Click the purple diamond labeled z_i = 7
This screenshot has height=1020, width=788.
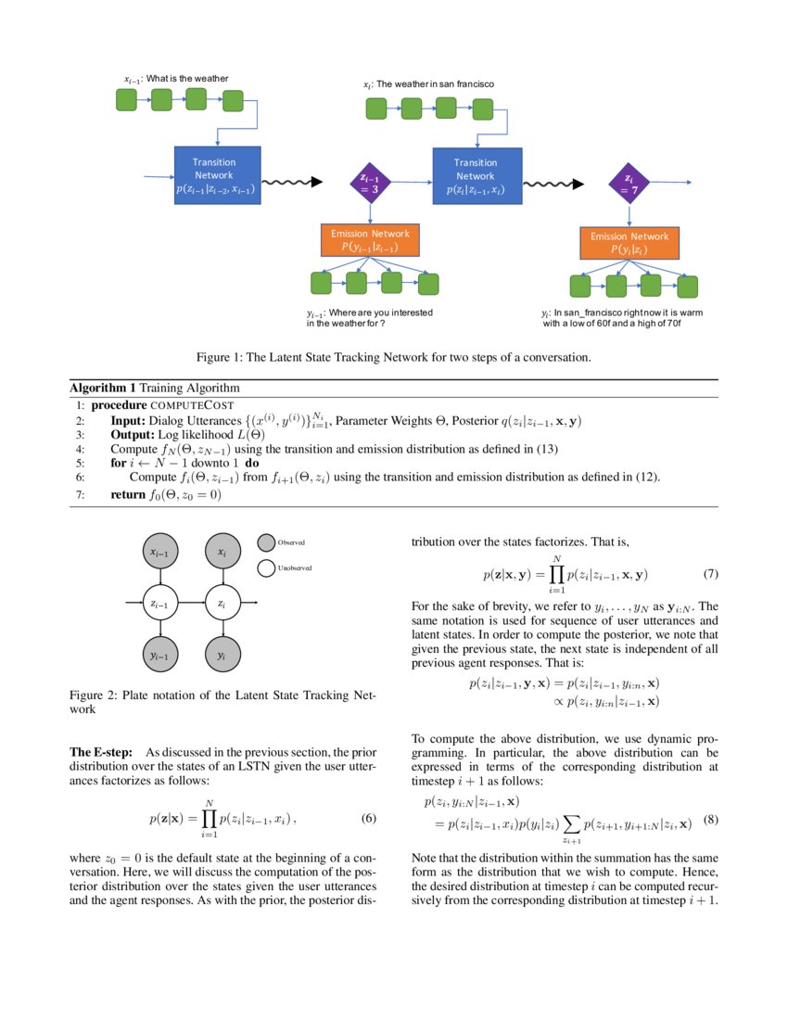pyautogui.click(x=629, y=184)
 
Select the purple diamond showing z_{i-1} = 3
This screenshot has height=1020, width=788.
pyautogui.click(x=370, y=184)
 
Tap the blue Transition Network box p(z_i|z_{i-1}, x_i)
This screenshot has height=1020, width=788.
pyautogui.click(x=476, y=176)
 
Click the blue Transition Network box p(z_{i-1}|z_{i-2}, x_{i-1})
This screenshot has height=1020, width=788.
pyautogui.click(x=217, y=175)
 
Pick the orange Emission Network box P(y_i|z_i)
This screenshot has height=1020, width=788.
pyautogui.click(x=629, y=243)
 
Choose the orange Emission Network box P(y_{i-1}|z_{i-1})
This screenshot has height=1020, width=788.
pyautogui.click(x=370, y=239)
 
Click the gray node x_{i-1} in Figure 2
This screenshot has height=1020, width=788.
pyautogui.click(x=160, y=553)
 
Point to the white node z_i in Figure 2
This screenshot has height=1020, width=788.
pyautogui.click(x=221, y=604)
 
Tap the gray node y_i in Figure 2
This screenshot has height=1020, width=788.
pyautogui.click(x=221, y=655)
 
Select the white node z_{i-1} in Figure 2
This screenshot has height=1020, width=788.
pyautogui.click(x=160, y=604)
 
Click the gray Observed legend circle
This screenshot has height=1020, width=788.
pyautogui.click(x=266, y=542)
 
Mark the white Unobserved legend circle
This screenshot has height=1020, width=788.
pyautogui.click(x=266, y=567)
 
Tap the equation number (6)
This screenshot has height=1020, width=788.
pyautogui.click(x=368, y=819)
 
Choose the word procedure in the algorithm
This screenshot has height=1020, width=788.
pyautogui.click(x=121, y=405)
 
